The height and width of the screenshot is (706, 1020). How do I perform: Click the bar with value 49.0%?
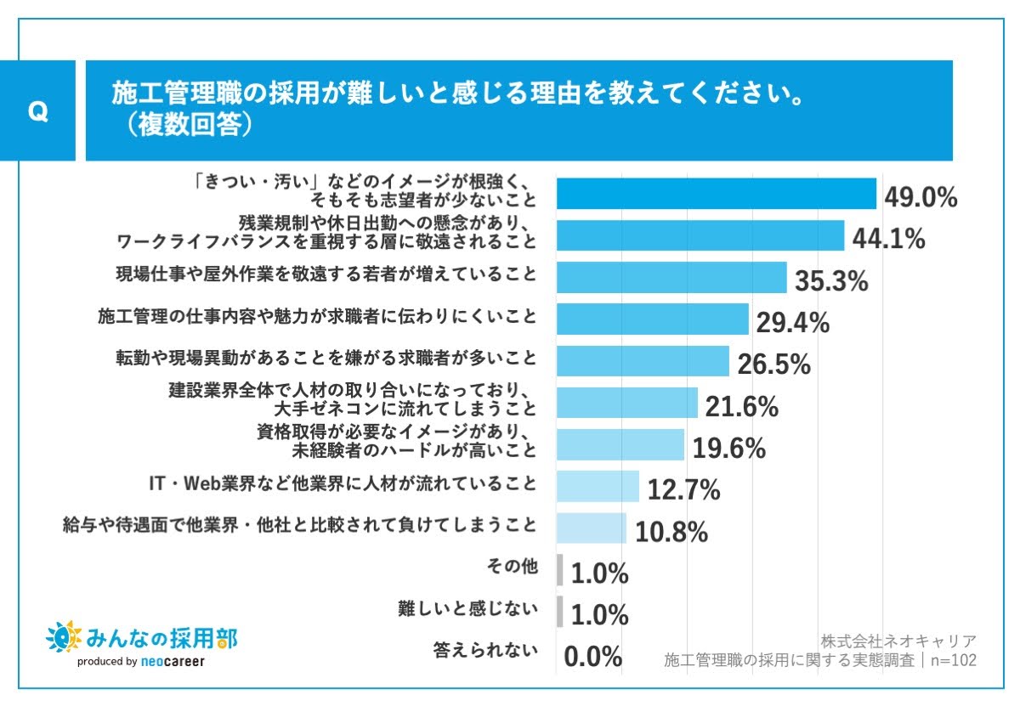[x=716, y=194]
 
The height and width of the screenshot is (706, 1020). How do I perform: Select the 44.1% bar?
[x=700, y=235]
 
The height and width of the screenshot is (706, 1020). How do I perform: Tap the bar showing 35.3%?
[x=671, y=277]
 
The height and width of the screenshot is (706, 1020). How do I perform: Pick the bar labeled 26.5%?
[x=643, y=360]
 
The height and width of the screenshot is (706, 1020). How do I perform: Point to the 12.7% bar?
[x=598, y=487]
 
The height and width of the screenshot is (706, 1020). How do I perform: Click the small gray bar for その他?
[x=560, y=570]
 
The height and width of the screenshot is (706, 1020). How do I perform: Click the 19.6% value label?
[x=728, y=447]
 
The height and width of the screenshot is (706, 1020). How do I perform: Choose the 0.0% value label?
[x=593, y=657]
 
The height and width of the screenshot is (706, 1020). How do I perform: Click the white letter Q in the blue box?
[x=37, y=112]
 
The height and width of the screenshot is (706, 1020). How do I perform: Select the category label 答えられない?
[x=485, y=651]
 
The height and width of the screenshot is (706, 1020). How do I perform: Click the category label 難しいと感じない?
[x=468, y=608]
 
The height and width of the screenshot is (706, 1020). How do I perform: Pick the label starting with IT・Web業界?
[x=343, y=483]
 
